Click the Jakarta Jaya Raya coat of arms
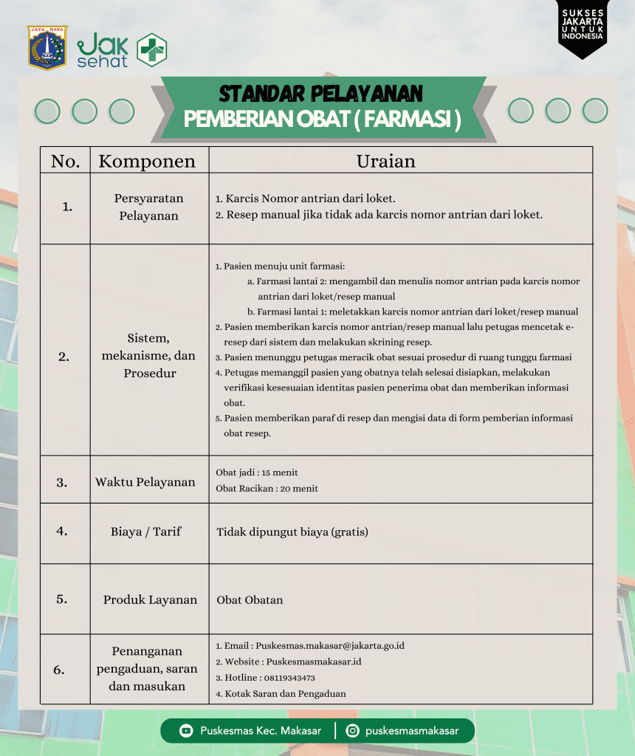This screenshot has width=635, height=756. click(x=47, y=47)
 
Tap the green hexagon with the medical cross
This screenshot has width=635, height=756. click(x=152, y=50)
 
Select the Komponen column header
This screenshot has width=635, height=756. click(x=147, y=161)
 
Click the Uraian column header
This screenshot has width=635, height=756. click(x=385, y=161)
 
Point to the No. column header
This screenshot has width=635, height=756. click(x=65, y=161)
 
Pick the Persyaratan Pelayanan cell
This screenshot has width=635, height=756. click(x=148, y=207)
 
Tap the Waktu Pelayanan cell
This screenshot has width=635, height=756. click(x=145, y=482)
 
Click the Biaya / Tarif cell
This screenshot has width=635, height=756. click(x=146, y=532)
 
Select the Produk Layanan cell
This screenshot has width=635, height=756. click(x=150, y=599)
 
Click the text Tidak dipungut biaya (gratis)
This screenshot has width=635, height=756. click(x=292, y=532)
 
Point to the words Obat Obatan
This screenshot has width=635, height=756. click(x=250, y=599)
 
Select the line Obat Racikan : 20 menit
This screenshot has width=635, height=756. click(x=267, y=488)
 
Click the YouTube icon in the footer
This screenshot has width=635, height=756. click(x=186, y=731)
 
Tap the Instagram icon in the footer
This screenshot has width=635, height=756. click(x=353, y=731)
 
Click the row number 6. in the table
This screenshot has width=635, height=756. click(x=59, y=670)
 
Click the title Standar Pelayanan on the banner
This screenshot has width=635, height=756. click(x=320, y=94)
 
